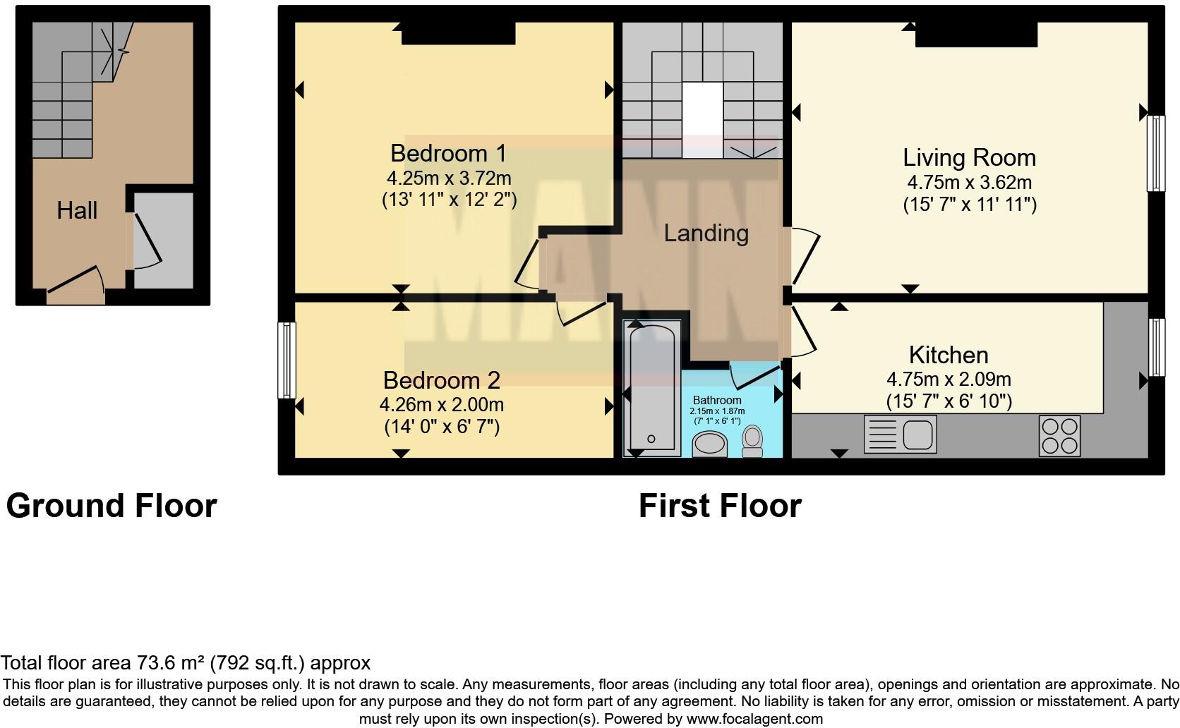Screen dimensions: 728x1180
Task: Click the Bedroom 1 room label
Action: tap(448, 153)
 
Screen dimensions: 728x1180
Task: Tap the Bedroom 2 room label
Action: tap(441, 380)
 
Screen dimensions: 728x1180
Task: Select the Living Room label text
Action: tap(969, 157)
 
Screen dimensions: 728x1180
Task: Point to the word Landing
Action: tap(706, 233)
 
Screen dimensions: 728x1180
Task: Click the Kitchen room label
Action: tap(948, 354)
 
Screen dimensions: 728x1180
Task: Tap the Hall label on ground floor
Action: tap(77, 210)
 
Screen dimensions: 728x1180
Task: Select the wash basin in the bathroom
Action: tap(710, 445)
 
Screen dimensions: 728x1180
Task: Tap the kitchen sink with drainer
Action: tap(900, 433)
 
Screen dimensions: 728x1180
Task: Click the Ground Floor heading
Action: tap(112, 506)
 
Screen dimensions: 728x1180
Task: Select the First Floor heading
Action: tap(720, 506)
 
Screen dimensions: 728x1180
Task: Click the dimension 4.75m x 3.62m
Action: tap(969, 183)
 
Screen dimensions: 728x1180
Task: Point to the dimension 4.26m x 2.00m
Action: tap(441, 405)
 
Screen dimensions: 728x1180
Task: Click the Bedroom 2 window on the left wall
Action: tap(286, 360)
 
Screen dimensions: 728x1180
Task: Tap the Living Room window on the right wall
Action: tap(1155, 153)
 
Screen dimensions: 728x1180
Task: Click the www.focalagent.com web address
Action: tap(754, 720)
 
